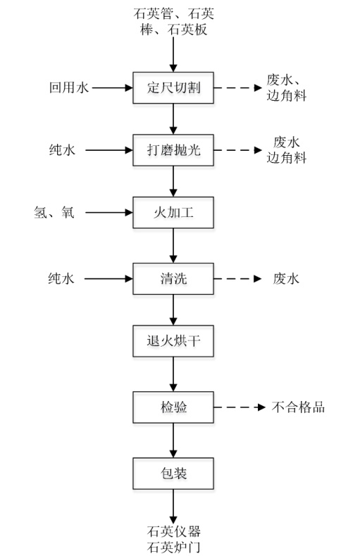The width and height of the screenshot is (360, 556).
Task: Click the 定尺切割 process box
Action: pyautogui.click(x=173, y=88)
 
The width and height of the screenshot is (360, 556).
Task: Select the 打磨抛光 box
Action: pyautogui.click(x=173, y=150)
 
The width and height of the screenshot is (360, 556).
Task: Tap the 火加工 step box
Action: pyautogui.click(x=173, y=213)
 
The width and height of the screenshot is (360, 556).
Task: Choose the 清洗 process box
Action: pyautogui.click(x=173, y=279)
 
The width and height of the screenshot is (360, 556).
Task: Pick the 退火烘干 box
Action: pyautogui.click(x=173, y=341)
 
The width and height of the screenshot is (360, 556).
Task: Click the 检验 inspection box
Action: pyautogui.click(x=173, y=407)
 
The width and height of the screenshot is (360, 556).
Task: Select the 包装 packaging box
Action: pyautogui.click(x=173, y=474)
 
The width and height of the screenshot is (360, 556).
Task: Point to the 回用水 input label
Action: pyautogui.click(x=69, y=87)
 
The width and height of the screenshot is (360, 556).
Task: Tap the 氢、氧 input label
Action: pyautogui.click(x=54, y=212)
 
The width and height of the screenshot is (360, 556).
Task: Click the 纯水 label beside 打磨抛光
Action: pyautogui.click(x=62, y=150)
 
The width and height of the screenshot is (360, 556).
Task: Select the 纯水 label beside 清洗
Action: pyautogui.click(x=61, y=278)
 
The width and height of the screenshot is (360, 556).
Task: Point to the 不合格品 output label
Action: pyautogui.click(x=298, y=407)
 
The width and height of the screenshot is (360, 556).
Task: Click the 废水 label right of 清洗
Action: pyautogui.click(x=286, y=279)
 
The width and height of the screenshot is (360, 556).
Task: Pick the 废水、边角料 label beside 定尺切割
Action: pyautogui.click(x=286, y=87)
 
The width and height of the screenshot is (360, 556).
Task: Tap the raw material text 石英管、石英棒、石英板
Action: pyautogui.click(x=173, y=22)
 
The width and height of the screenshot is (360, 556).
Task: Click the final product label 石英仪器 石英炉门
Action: pyautogui.click(x=173, y=539)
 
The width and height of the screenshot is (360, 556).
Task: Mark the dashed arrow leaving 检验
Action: pyautogui.click(x=240, y=407)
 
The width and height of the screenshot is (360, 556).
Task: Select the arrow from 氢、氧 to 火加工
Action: pyautogui.click(x=109, y=213)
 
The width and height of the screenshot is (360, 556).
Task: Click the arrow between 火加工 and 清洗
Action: pyautogui.click(x=173, y=246)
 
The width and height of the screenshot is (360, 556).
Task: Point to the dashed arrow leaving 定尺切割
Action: pyautogui.click(x=237, y=88)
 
